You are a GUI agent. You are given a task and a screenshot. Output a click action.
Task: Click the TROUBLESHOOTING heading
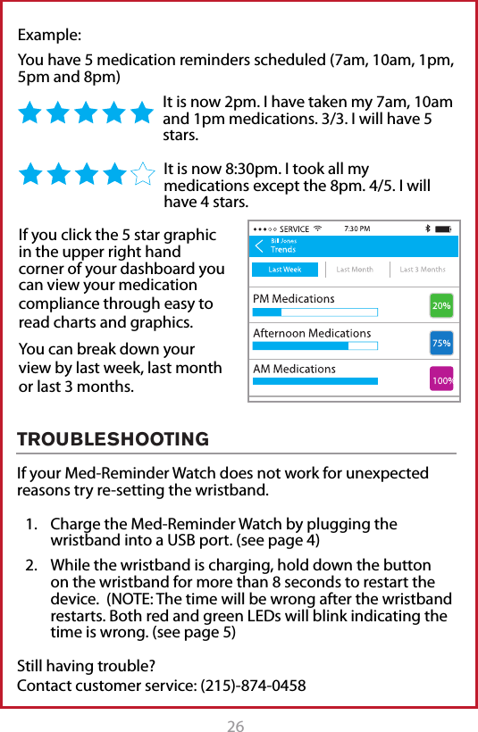(x=113, y=439)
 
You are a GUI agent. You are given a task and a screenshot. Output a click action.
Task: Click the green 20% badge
(x=441, y=305)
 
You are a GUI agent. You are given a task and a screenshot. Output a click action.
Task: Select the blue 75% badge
(x=441, y=343)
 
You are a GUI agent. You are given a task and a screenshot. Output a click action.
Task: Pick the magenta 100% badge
(x=441, y=379)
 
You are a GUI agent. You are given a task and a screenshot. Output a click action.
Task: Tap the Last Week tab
(x=286, y=270)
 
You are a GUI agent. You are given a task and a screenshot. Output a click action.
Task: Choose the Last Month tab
(x=355, y=270)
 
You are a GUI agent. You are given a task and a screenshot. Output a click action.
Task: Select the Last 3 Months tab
(x=422, y=270)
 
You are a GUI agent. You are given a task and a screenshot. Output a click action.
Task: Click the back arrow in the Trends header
(x=259, y=245)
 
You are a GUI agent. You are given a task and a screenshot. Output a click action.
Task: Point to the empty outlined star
(x=142, y=173)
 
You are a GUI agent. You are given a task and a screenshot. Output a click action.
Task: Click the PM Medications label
(x=294, y=298)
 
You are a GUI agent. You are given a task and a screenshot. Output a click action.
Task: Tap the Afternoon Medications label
(x=312, y=333)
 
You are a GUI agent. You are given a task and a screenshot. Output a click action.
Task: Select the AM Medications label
(x=295, y=369)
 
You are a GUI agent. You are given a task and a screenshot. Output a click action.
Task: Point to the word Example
(x=50, y=37)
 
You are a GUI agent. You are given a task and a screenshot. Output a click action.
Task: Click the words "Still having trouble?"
(x=87, y=666)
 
